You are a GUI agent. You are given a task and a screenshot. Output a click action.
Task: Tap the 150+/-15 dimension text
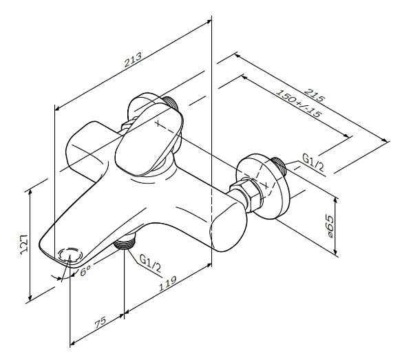coord(297,103)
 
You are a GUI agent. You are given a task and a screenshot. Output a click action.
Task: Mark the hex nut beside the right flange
coord(248,194)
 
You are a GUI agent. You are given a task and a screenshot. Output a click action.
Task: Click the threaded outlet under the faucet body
coord(126,241)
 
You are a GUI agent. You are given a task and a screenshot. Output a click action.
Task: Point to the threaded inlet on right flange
coord(279,166)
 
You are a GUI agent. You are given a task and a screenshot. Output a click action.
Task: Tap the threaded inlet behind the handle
coord(172,103)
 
